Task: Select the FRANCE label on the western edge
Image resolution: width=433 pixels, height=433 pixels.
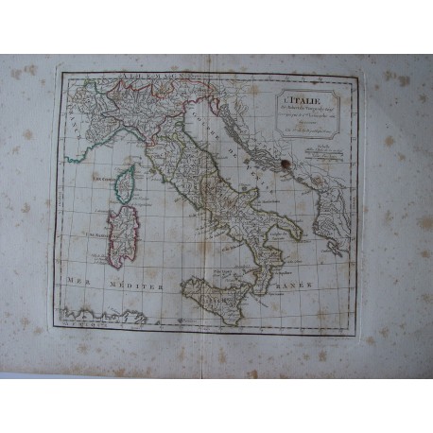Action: click(74, 121)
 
